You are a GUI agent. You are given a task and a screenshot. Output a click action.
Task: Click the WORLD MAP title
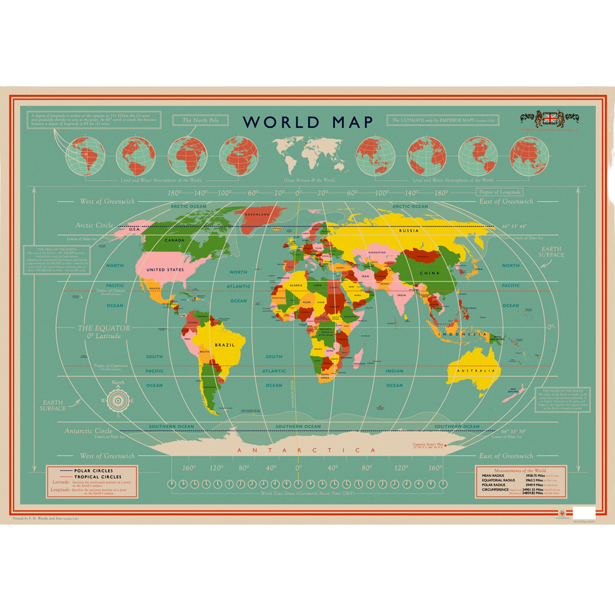tap(307, 123)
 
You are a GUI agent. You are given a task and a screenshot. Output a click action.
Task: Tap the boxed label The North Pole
tap(196, 120)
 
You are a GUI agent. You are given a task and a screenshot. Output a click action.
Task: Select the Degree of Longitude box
tap(500, 192)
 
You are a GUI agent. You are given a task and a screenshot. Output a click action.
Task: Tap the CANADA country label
tap(174, 241)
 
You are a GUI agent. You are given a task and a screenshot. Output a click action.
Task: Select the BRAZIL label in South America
tap(225, 345)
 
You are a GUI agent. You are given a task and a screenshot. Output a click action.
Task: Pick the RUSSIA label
tap(408, 231)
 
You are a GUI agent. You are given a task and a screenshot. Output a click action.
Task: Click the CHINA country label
tap(429, 273)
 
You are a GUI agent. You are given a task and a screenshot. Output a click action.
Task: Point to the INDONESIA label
tap(462, 333)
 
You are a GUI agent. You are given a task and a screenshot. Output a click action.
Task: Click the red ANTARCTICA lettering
tap(306, 450)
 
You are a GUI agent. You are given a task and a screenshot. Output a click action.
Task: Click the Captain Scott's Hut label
tap(427, 444)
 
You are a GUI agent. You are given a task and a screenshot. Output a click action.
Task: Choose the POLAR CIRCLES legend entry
tap(92, 471)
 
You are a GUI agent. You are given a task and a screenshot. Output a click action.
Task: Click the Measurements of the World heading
tap(520, 471)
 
